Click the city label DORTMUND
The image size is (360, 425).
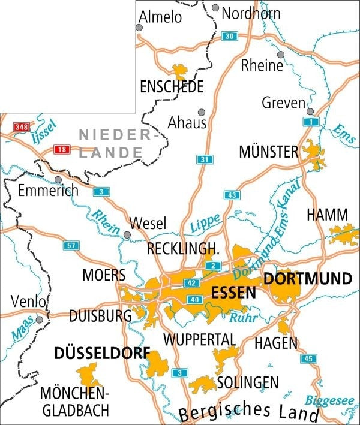tap(307, 279)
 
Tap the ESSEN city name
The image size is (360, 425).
tap(234, 293)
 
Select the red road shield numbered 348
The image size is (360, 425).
tap(22, 126)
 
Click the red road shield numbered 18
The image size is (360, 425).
tap(61, 149)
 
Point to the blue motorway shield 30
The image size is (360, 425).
tap(228, 36)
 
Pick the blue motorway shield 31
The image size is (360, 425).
tap(204, 159)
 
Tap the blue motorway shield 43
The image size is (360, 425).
tap(231, 195)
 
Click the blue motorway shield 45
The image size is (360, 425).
tap(309, 358)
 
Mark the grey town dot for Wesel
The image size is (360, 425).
tap(127, 234)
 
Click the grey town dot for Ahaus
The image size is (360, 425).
tap(202, 112)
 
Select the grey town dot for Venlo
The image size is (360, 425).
tap(40, 319)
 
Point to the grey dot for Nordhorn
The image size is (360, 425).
tap(215, 8)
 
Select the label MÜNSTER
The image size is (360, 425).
tap(268, 152)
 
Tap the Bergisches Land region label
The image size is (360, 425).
tap(248, 412)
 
